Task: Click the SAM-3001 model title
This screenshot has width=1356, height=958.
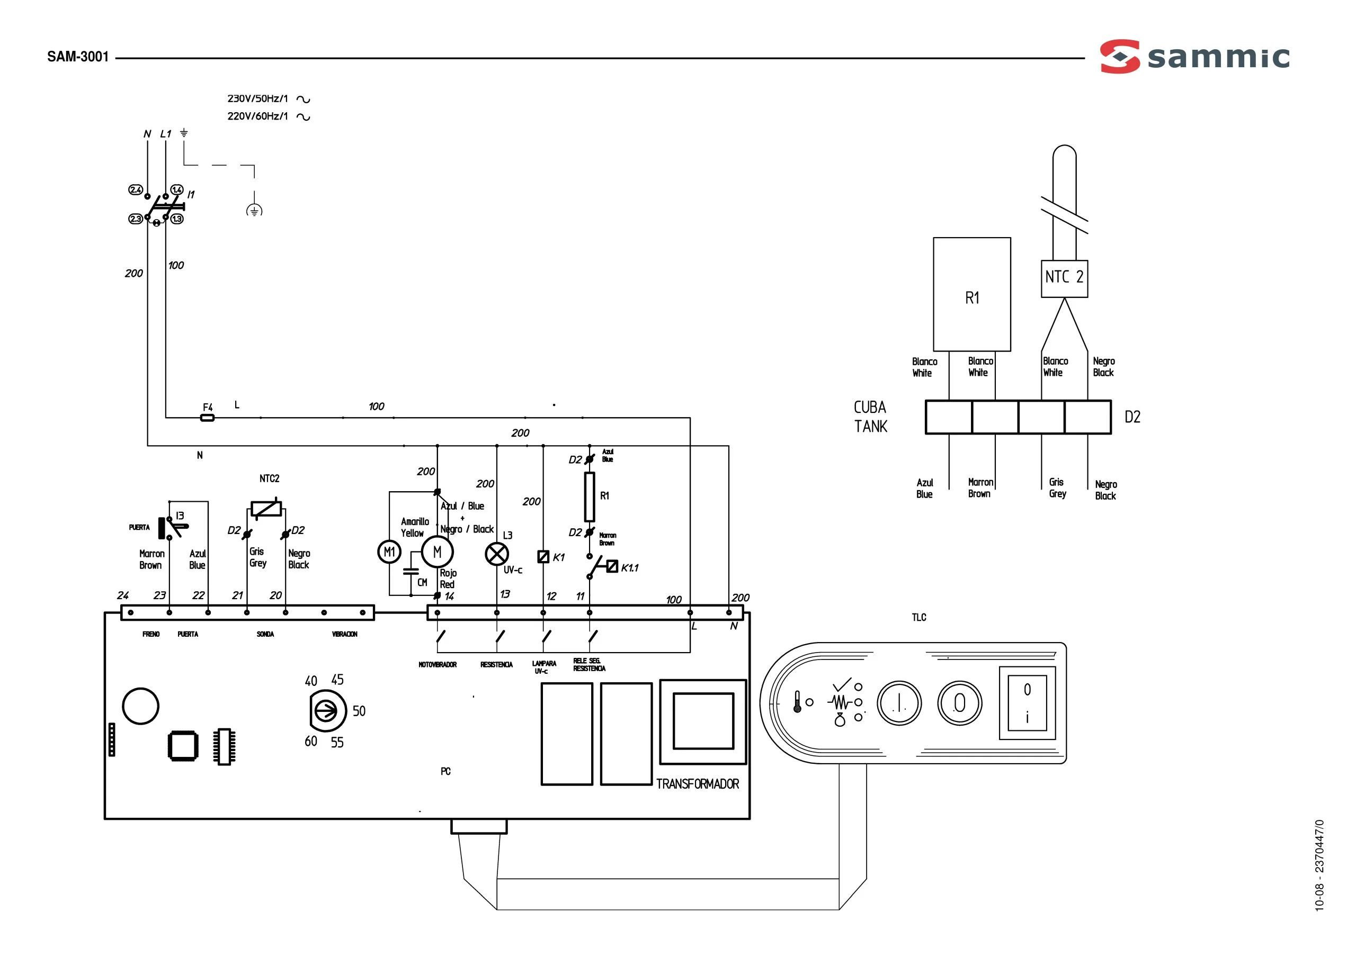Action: (x=78, y=57)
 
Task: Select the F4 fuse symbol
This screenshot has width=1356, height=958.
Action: (x=207, y=418)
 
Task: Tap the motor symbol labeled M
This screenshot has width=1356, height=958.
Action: (x=437, y=552)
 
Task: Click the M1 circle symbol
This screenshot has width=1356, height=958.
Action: (x=389, y=552)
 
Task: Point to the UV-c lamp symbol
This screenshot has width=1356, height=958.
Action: (x=497, y=554)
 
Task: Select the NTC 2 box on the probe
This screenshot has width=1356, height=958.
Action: (x=1064, y=278)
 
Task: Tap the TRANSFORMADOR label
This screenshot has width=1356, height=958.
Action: (x=698, y=784)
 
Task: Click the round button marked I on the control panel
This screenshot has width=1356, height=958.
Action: (x=899, y=703)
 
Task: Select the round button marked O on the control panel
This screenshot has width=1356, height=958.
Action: (x=960, y=703)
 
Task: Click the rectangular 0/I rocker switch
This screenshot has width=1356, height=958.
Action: (x=1027, y=703)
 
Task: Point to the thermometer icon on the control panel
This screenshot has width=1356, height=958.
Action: (x=797, y=702)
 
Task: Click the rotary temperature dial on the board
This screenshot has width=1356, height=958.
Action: (x=326, y=711)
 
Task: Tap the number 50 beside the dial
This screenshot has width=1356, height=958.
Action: (x=359, y=711)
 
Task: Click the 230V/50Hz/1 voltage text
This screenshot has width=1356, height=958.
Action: (x=258, y=98)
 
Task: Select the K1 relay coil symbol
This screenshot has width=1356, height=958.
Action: (x=543, y=556)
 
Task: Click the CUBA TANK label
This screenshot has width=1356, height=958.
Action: (x=870, y=417)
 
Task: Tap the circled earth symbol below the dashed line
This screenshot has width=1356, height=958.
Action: (x=254, y=210)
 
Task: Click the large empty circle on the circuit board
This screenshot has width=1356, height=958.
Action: (x=140, y=706)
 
